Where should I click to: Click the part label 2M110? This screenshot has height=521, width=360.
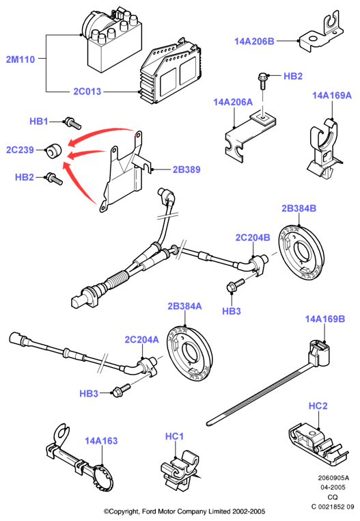[x=20, y=59]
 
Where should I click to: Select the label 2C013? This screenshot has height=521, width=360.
[x=87, y=92]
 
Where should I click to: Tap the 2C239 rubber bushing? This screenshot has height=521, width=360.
[x=53, y=151]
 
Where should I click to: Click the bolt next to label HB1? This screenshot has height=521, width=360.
[x=72, y=122]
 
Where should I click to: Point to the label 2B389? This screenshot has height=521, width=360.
[x=186, y=170]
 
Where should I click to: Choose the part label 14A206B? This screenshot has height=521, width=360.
[x=254, y=41]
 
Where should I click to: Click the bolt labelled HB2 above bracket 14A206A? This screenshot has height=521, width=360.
[x=262, y=81]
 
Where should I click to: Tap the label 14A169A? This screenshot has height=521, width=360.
[x=332, y=96]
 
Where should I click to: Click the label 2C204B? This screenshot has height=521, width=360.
[x=253, y=237]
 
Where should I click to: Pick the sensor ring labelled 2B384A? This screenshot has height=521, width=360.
[x=189, y=354]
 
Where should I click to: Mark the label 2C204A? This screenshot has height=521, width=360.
[x=141, y=340]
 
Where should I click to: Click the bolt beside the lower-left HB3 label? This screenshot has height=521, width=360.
[x=121, y=390]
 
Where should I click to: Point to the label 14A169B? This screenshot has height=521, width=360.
[x=325, y=319]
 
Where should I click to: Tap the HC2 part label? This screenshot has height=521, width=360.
[x=318, y=406]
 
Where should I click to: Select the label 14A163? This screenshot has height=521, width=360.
[x=101, y=441]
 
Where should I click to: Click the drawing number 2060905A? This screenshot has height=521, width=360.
[x=333, y=478]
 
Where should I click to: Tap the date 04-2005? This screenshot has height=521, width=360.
[x=333, y=487]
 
